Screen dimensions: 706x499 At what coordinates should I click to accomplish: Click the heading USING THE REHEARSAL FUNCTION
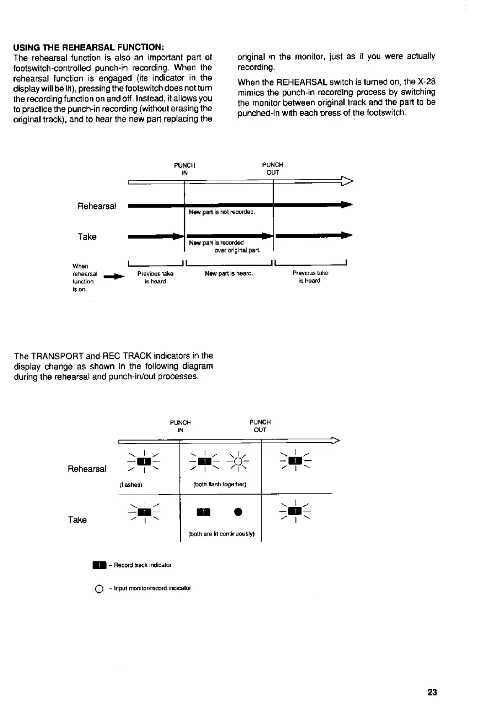(x=88, y=47)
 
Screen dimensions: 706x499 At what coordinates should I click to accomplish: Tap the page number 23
(x=432, y=692)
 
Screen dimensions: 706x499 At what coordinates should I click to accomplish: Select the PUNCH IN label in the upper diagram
(x=185, y=169)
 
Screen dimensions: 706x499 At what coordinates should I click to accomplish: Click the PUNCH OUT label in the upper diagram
(x=273, y=169)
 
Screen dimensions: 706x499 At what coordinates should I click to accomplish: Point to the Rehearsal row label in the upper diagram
(x=96, y=206)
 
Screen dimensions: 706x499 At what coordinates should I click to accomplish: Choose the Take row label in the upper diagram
(x=87, y=237)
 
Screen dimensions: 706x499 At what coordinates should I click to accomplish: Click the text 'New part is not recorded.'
(x=222, y=212)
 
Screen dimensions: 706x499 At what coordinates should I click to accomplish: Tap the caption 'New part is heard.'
(x=229, y=273)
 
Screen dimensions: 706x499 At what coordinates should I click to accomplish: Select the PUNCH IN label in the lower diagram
(x=180, y=426)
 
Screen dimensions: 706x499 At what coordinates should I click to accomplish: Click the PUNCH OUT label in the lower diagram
(x=260, y=426)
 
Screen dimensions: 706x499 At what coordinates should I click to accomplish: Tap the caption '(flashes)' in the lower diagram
(x=131, y=485)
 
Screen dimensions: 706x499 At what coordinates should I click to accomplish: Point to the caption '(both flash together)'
(x=220, y=484)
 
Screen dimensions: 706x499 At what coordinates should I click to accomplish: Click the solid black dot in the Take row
(x=238, y=512)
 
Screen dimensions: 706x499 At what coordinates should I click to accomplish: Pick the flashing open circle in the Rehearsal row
(x=238, y=462)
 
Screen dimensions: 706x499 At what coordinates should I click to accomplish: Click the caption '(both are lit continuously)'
(x=222, y=534)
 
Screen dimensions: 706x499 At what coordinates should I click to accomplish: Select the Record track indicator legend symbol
(x=99, y=565)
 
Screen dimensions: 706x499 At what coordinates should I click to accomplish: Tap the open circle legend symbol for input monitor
(x=99, y=589)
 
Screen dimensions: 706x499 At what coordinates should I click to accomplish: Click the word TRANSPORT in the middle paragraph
(x=56, y=356)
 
